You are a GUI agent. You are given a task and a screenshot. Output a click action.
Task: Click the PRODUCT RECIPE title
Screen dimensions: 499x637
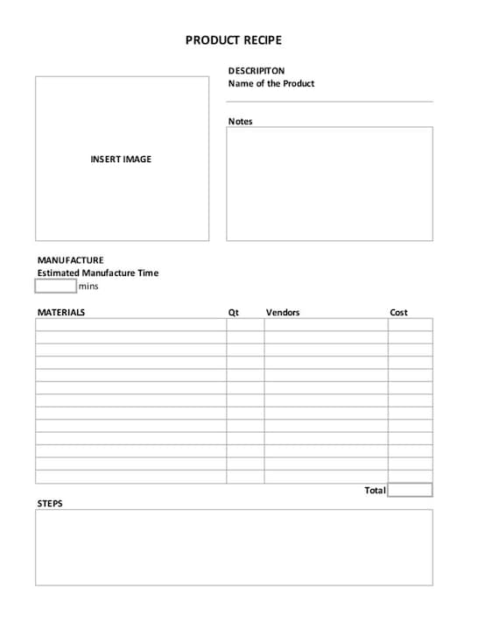pos(234,40)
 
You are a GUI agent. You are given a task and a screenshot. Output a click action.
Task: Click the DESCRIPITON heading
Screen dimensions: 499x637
pos(257,71)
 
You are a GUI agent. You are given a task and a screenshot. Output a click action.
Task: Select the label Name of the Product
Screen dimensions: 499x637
pos(271,84)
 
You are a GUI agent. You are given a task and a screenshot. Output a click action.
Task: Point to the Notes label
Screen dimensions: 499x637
pos(240,122)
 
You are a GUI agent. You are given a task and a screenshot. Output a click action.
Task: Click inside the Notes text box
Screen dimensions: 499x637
pos(329,183)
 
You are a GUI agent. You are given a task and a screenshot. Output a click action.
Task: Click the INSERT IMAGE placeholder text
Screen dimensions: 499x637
pos(121,159)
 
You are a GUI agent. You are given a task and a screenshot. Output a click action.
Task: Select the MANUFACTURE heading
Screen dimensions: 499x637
pos(70,260)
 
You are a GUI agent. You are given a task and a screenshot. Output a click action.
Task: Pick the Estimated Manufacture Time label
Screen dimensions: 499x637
pos(98,273)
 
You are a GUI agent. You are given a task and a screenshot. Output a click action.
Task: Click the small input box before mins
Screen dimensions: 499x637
pos(56,286)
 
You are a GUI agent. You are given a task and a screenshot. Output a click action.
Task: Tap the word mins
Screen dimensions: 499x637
pos(88,287)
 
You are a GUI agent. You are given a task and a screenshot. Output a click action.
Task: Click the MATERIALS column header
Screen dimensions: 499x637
pos(61,313)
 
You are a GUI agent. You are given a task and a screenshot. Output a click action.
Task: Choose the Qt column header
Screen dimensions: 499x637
pos(234,313)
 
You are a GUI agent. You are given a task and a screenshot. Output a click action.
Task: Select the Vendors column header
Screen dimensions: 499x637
pos(283,313)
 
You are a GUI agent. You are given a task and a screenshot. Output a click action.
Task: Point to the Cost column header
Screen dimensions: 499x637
pos(398,313)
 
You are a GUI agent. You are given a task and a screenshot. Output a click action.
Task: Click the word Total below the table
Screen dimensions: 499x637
pos(375,491)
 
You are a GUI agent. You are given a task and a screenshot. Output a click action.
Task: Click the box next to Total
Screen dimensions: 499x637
pos(410,490)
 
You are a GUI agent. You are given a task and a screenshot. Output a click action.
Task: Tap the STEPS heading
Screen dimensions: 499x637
pos(50,504)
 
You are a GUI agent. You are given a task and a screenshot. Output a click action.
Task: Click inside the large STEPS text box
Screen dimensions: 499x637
pos(234,547)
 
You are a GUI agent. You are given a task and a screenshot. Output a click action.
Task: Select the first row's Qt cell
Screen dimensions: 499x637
pos(245,324)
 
